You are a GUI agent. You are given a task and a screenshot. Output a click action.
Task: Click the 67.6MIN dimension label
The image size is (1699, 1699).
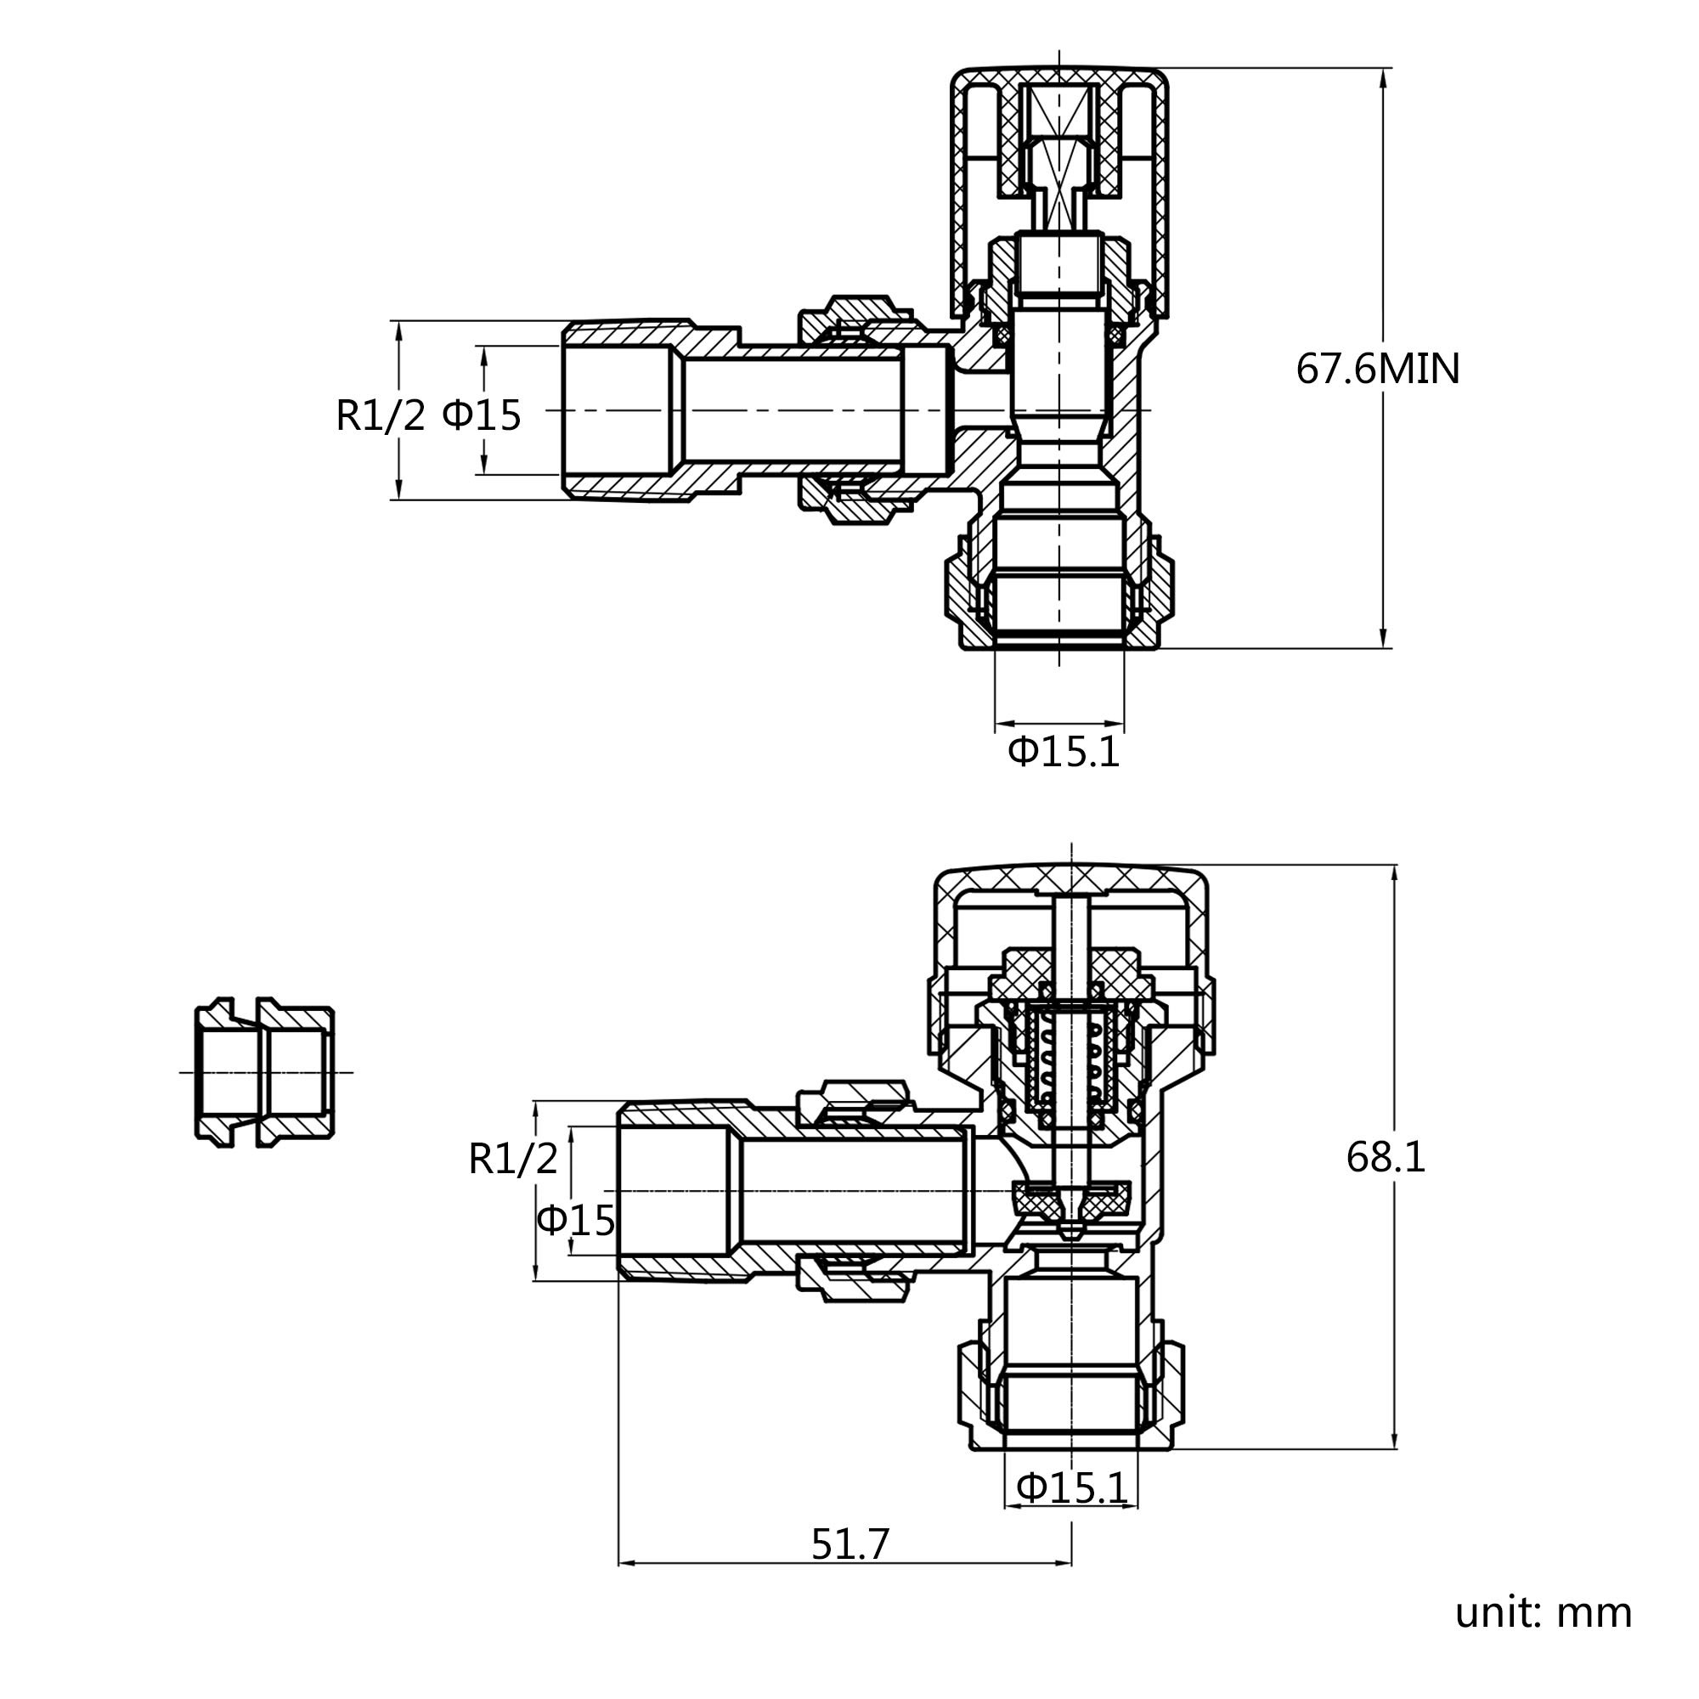click(1377, 369)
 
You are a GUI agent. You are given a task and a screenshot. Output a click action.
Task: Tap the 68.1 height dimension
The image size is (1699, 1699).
click(1386, 1157)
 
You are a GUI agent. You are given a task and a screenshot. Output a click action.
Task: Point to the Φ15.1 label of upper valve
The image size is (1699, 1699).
click(1064, 752)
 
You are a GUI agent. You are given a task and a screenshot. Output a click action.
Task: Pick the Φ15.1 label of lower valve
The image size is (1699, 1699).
click(1072, 1488)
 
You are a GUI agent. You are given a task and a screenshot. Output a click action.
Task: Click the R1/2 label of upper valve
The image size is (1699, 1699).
click(381, 415)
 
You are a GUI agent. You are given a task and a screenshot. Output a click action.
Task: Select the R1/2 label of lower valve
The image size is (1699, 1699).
click(514, 1159)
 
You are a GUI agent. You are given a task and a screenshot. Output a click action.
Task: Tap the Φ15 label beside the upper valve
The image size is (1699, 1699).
click(481, 415)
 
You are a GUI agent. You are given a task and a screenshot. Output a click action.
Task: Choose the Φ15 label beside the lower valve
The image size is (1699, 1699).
click(576, 1220)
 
